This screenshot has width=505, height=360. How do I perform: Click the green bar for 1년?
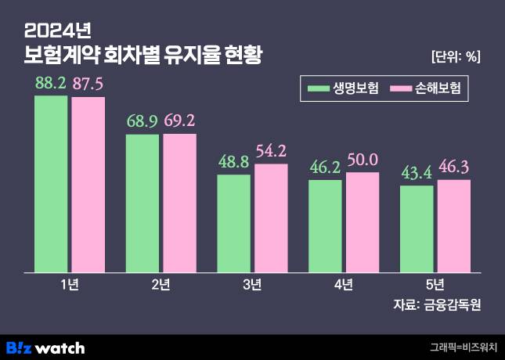[x=51, y=184]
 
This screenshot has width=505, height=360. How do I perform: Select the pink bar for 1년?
[x=88, y=185]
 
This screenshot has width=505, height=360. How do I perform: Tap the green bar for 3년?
[x=233, y=223]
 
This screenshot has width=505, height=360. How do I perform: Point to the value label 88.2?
[x=51, y=83]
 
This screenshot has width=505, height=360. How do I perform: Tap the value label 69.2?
[x=179, y=121]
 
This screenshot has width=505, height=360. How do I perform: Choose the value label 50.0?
[x=362, y=160]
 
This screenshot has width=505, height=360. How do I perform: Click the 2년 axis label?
[x=161, y=284]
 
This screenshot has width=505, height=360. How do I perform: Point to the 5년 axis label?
[x=435, y=284]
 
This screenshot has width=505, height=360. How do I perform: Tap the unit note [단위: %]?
[x=456, y=56]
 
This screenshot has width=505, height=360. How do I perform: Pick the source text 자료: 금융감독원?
[x=437, y=305]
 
